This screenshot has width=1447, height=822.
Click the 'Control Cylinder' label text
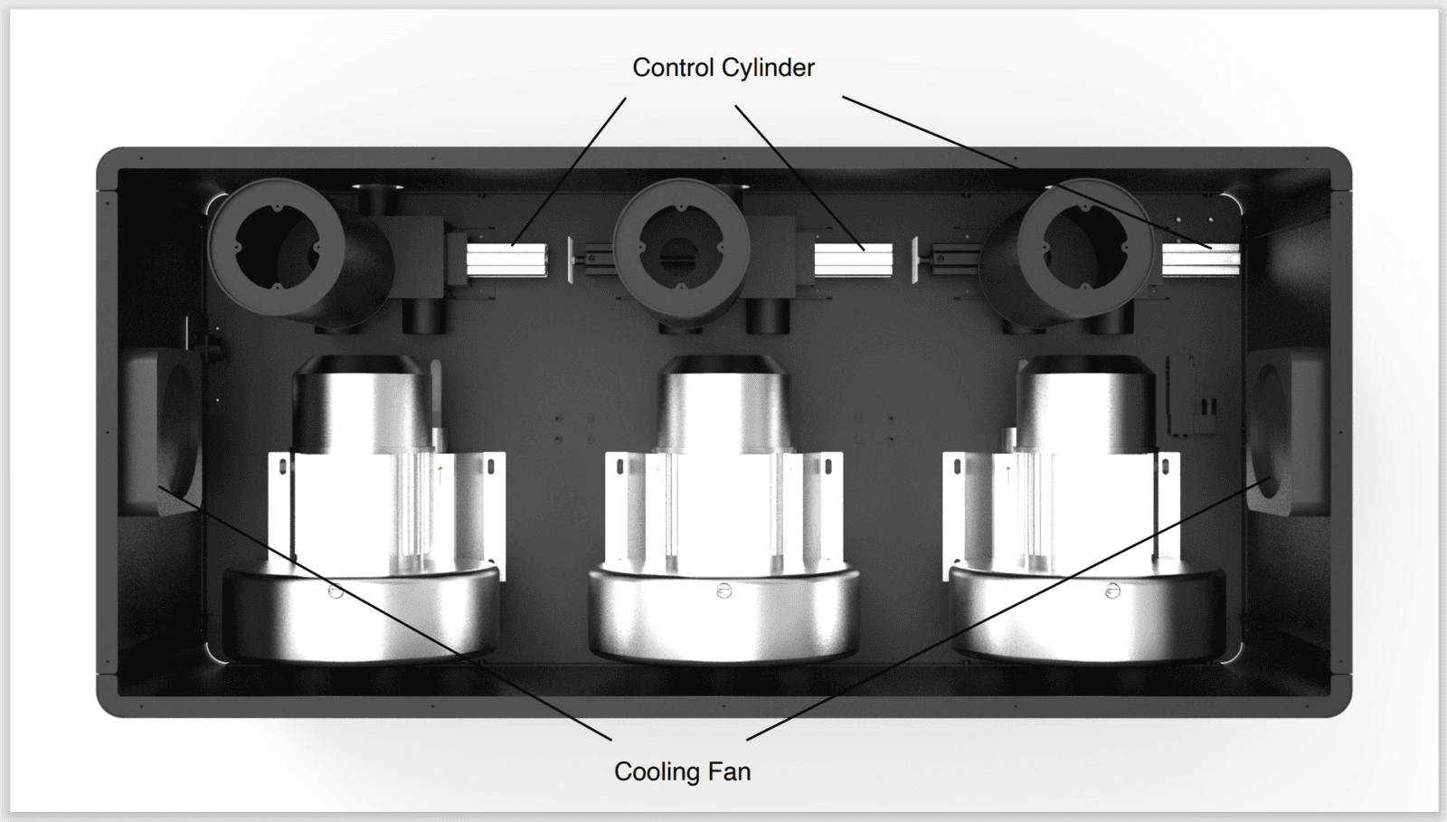(723, 68)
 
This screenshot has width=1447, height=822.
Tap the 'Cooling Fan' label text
(682, 771)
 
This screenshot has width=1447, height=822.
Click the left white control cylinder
(506, 260)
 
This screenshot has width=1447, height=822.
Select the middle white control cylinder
(853, 260)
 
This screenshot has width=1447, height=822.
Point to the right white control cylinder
(1200, 260)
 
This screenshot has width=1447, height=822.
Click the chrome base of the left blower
(362, 615)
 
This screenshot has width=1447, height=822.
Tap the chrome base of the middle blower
(723, 615)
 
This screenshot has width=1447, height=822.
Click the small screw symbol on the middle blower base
(723, 591)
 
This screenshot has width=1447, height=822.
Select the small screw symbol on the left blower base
(336, 591)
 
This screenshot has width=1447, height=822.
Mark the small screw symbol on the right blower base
(1112, 591)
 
